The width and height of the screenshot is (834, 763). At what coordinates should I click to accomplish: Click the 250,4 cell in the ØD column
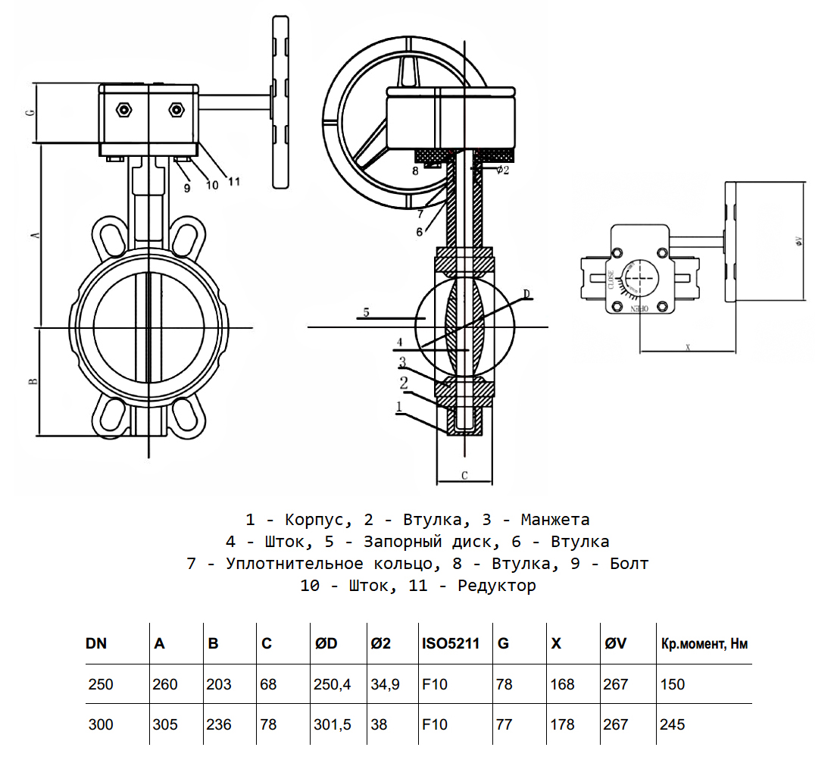tap(332, 685)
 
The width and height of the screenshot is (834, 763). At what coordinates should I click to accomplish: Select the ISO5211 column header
tap(451, 645)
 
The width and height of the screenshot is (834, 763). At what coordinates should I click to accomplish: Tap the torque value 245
tap(672, 725)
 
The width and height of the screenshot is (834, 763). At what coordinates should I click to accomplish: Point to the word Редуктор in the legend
tap(496, 586)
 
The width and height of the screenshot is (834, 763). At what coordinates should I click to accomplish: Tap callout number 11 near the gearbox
tap(233, 182)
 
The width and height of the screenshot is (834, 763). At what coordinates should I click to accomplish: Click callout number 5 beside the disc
tap(366, 311)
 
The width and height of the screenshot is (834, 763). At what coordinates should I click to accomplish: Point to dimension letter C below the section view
tap(464, 476)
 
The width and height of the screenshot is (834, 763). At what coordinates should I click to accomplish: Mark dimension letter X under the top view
tap(687, 346)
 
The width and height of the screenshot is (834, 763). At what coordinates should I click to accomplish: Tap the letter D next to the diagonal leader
tap(527, 293)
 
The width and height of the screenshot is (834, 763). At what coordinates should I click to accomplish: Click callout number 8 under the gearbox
tap(415, 171)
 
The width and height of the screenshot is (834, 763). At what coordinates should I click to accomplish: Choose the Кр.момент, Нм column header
tap(704, 645)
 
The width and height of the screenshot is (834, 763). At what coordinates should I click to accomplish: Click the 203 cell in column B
tap(220, 685)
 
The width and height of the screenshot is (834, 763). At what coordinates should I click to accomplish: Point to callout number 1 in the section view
tap(398, 407)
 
